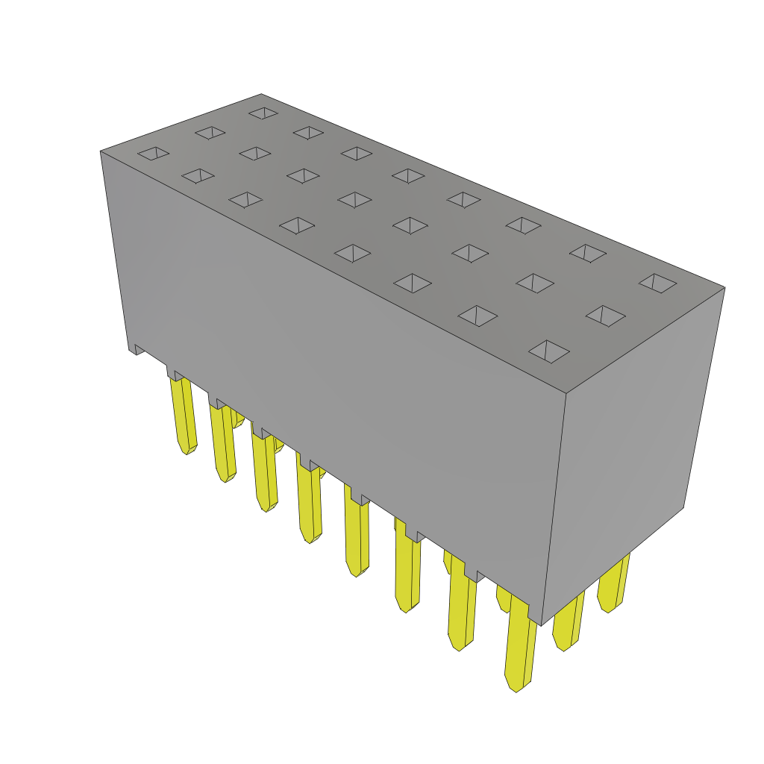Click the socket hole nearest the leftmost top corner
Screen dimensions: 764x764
tap(153, 153)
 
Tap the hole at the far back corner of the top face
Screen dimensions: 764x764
tap(263, 113)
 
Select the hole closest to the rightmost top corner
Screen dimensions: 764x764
tap(657, 283)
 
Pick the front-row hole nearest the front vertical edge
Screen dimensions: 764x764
tap(548, 351)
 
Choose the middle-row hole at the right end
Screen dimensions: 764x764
tap(605, 315)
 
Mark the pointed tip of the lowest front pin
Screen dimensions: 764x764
tap(516, 689)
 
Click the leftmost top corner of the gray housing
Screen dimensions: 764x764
tap(101, 152)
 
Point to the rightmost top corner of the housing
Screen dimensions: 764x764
tap(724, 288)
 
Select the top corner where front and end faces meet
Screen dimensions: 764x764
tap(566, 393)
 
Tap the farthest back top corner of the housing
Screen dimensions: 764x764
tap(260, 95)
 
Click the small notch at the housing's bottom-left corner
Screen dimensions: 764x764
tap(137, 349)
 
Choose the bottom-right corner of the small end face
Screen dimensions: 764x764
tap(683, 507)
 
